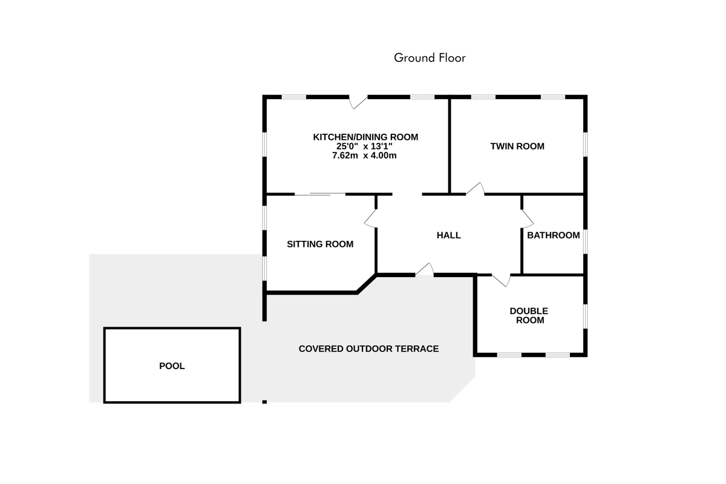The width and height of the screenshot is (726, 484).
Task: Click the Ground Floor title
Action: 430,58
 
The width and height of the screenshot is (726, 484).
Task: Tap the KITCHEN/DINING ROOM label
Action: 365,137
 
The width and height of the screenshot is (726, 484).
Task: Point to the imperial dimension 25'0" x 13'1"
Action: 364,146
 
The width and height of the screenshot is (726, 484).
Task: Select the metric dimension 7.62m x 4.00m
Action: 364,155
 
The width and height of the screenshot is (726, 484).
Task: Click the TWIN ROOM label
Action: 517,146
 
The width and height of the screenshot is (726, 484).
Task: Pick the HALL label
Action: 448,235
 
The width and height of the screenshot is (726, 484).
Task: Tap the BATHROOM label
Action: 553,235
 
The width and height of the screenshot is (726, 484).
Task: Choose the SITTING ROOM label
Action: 320,244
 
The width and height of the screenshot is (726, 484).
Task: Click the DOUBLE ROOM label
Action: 529,316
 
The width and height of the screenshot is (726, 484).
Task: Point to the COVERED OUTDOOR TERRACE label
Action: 368,349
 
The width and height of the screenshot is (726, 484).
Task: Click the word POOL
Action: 172,366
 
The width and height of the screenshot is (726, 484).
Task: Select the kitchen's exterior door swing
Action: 358,102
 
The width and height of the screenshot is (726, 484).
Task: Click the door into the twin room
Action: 475,189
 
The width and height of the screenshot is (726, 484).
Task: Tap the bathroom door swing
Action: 527,218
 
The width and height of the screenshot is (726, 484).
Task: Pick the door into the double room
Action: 501,280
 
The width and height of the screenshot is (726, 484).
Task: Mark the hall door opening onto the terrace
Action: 425,269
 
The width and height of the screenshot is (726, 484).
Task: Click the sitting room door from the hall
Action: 371,218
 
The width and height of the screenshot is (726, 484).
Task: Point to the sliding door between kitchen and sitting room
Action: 320,194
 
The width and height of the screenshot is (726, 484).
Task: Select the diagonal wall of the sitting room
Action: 367,284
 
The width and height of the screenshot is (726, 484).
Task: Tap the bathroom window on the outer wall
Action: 586,241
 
